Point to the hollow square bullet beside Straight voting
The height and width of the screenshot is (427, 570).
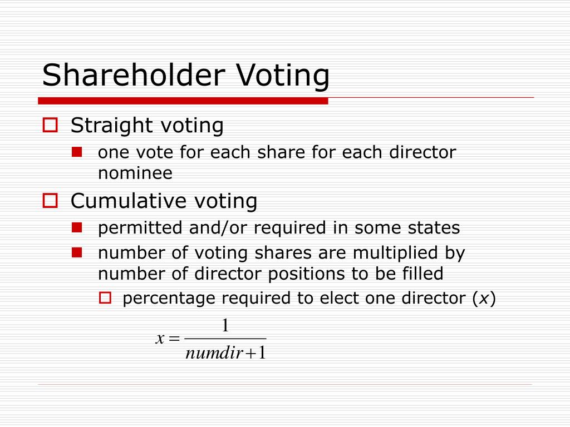click(x=51, y=126)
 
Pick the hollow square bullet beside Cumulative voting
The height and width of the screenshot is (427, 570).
click(x=51, y=200)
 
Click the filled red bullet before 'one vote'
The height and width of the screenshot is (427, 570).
click(x=77, y=151)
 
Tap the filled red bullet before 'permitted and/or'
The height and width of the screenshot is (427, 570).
click(x=77, y=227)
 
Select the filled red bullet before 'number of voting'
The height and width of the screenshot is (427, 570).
click(x=77, y=252)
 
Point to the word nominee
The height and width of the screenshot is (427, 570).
click(x=135, y=173)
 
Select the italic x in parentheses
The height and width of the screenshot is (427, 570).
click(x=484, y=299)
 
